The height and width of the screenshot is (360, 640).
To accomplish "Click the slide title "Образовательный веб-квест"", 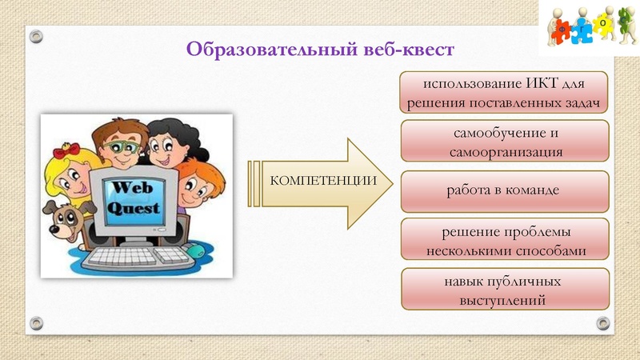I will (x=320, y=50).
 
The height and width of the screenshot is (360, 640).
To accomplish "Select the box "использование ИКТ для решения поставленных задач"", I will (x=504, y=93).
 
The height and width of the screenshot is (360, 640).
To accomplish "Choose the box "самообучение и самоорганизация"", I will (x=504, y=142).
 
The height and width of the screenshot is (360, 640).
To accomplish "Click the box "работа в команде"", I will (x=504, y=191).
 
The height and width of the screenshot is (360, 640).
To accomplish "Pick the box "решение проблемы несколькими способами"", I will (x=504, y=241).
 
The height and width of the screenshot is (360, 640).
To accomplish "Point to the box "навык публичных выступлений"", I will (x=504, y=290).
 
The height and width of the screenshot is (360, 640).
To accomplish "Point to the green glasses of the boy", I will (x=121, y=148).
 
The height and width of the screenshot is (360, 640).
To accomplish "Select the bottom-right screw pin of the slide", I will (x=603, y=323).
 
